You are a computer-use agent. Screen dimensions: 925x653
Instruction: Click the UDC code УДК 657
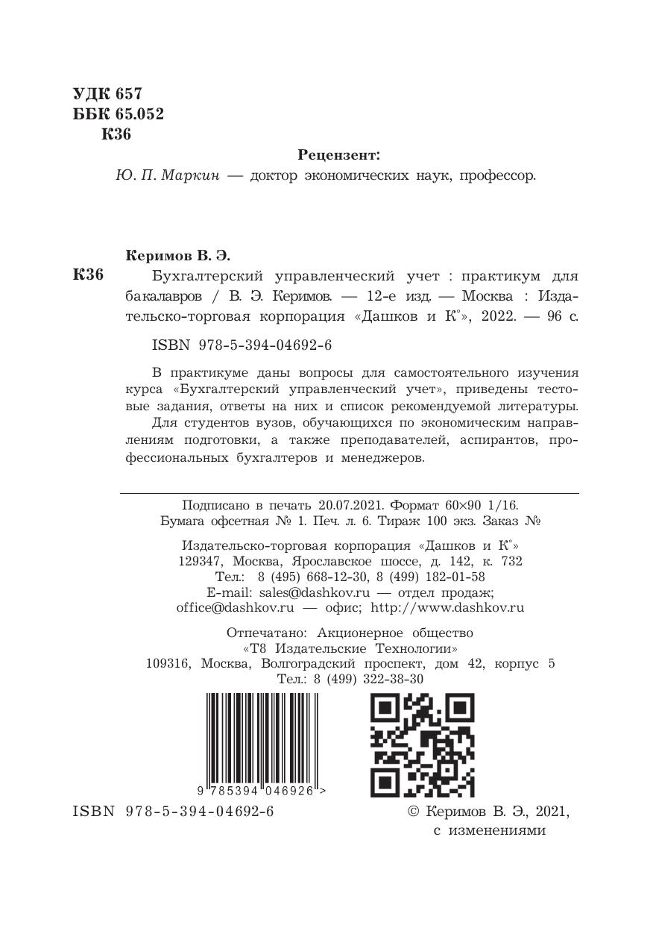pos(107,95)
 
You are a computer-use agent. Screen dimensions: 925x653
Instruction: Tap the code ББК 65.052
pos(118,114)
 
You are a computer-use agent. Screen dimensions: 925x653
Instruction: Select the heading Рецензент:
pos(338,155)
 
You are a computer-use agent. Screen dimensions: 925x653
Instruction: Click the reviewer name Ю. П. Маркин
pos(168,176)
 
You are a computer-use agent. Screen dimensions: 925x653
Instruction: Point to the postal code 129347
pos(202,561)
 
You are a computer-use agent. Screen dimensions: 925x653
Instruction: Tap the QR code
pos(422,744)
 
